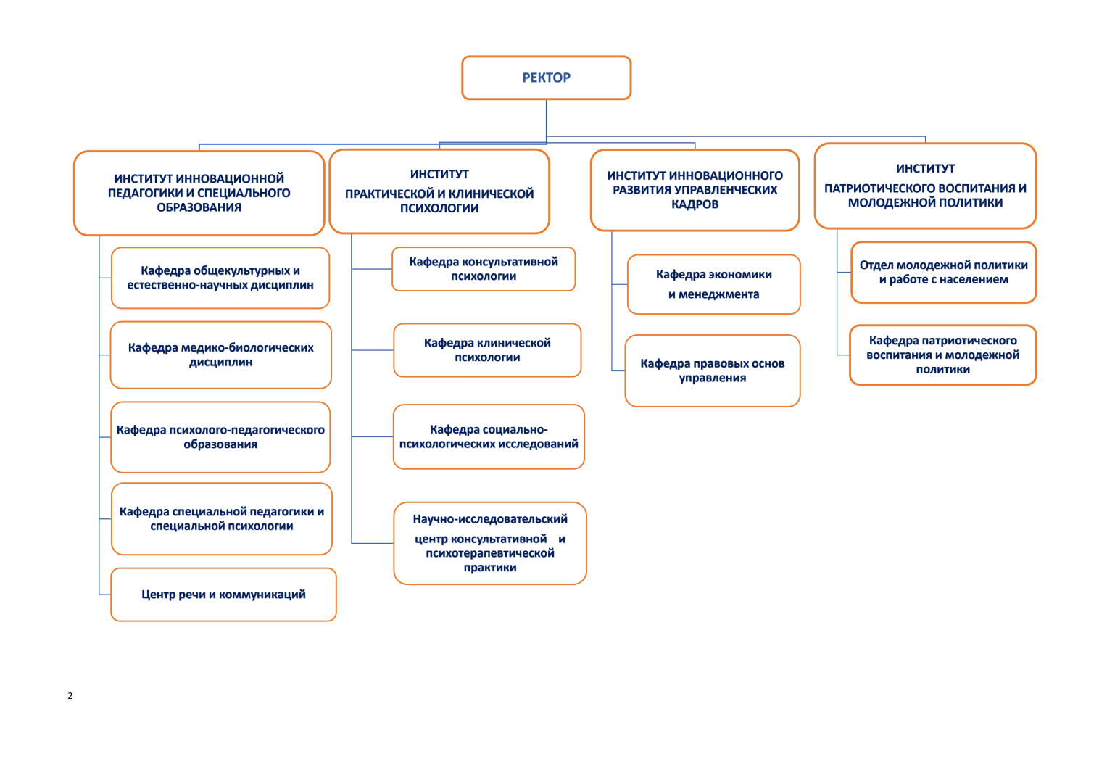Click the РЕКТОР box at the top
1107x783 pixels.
[x=546, y=78]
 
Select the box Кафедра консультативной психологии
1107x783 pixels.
[x=484, y=269]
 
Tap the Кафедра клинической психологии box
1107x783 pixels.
[x=487, y=350]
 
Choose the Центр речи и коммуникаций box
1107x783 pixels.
[x=223, y=594]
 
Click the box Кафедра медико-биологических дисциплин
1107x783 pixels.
[x=220, y=355]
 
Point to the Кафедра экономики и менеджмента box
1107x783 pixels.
[x=713, y=284]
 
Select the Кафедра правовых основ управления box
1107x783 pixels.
[x=712, y=370]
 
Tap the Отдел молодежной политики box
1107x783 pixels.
[x=943, y=273]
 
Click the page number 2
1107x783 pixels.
[x=70, y=696]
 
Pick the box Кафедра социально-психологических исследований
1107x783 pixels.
[x=489, y=436]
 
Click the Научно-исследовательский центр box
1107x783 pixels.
[x=490, y=543]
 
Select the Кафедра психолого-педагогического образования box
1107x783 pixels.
[x=220, y=437]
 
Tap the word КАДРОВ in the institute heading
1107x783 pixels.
[x=695, y=204]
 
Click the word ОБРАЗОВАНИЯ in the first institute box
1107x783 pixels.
[x=199, y=207]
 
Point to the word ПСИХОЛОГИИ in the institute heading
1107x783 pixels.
[x=439, y=209]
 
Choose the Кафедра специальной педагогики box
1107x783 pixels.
[x=221, y=519]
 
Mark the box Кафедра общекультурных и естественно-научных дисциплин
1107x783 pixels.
[x=220, y=278]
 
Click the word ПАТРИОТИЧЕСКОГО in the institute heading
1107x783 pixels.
[x=881, y=188]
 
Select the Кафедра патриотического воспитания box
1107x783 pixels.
[x=942, y=355]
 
